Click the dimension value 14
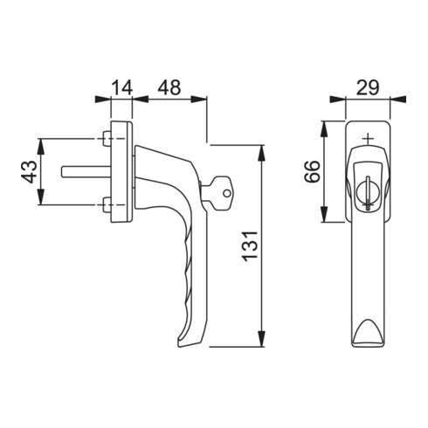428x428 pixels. pos(122,87)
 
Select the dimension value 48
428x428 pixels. pos(171,87)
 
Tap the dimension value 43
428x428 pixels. pos(28,172)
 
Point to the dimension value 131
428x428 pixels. pos(251,247)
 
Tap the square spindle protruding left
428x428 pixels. pos(84,172)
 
